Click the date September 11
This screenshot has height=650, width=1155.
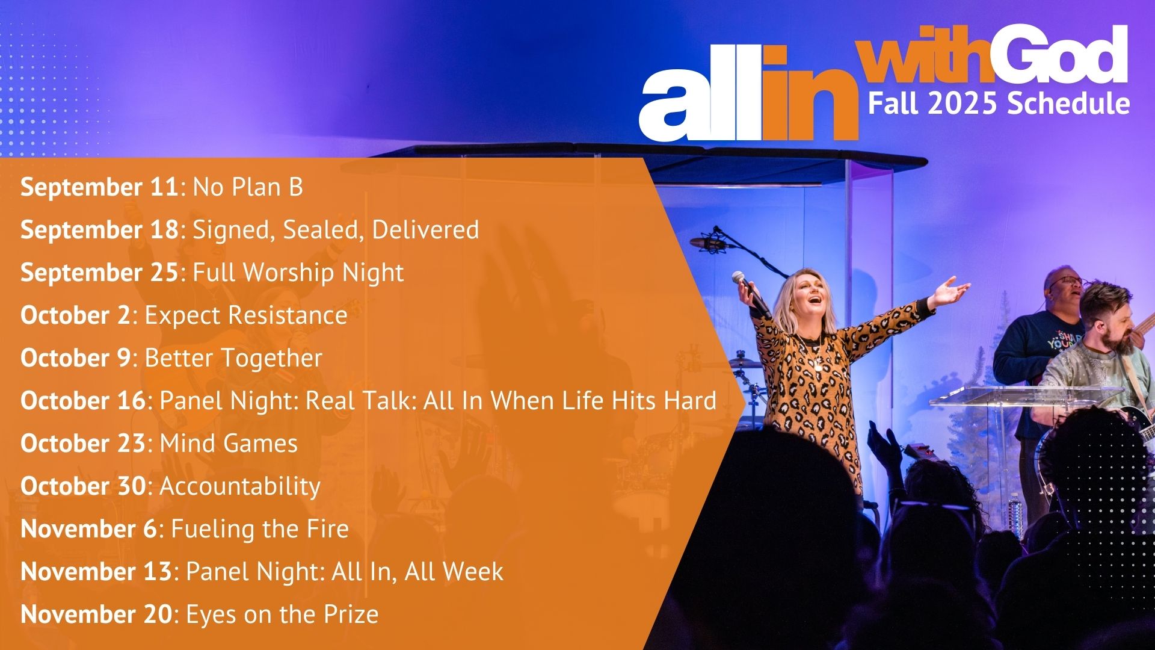[99, 187]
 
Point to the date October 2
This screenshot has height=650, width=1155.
[75, 315]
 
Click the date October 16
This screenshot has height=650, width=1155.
[83, 401]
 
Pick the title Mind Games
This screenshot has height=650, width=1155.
[229, 444]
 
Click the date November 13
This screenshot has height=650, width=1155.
[96, 572]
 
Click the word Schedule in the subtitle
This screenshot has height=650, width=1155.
[1068, 104]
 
